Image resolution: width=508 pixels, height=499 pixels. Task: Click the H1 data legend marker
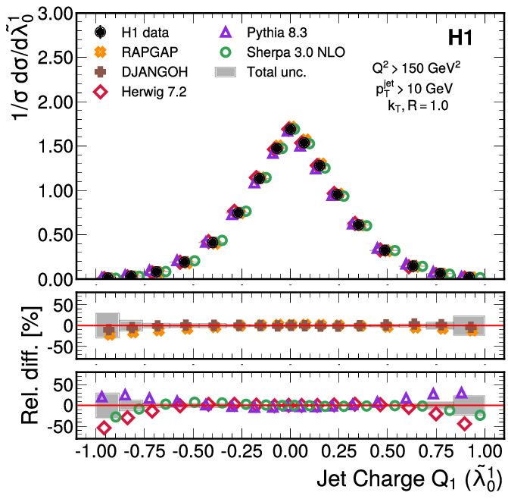tap(101, 33)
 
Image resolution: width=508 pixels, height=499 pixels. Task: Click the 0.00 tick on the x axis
tap(290, 450)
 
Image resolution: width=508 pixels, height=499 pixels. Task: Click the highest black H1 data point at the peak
tap(290, 129)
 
